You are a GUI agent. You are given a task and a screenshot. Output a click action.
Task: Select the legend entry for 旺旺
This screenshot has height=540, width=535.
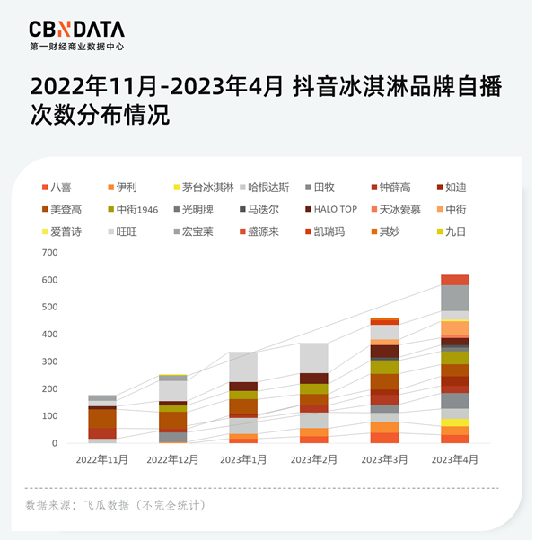tap(125, 231)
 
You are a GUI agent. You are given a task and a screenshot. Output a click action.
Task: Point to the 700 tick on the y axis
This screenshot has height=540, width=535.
tap(49, 252)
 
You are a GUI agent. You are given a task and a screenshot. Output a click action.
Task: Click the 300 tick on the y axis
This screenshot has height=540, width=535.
tap(49, 361)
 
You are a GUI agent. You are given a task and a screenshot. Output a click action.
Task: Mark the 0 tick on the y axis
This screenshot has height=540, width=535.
tap(54, 443)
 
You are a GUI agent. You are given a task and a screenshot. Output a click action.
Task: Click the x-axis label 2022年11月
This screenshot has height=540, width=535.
tap(101, 459)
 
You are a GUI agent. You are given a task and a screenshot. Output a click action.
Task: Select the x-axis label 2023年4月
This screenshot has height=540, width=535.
tap(454, 459)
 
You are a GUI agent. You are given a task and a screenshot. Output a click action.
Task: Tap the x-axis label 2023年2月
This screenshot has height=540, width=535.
tap(313, 459)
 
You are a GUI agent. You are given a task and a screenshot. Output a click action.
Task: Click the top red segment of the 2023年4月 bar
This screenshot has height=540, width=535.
tap(454, 280)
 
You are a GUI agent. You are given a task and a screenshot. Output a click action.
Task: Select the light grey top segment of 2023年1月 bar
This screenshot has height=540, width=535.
tap(242, 366)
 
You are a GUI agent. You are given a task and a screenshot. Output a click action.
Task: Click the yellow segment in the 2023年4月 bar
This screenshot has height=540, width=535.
tap(454, 422)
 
